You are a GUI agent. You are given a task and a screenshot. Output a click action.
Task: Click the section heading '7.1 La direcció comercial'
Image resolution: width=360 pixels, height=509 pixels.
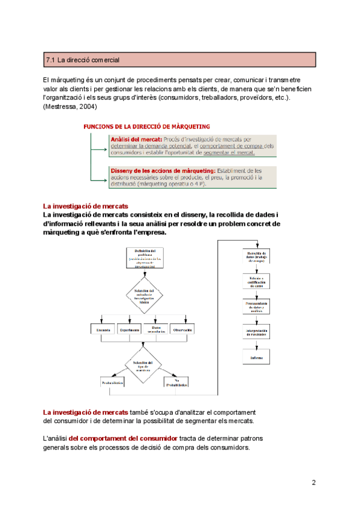click(83, 60)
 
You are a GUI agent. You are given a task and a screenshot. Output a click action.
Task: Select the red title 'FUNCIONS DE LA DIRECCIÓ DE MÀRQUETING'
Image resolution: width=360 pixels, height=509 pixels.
click(146, 127)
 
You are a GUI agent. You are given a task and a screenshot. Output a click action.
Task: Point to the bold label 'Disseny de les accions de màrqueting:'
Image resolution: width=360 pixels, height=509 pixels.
click(162, 170)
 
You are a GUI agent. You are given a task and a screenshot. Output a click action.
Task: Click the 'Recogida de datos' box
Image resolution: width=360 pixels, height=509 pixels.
click(257, 257)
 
